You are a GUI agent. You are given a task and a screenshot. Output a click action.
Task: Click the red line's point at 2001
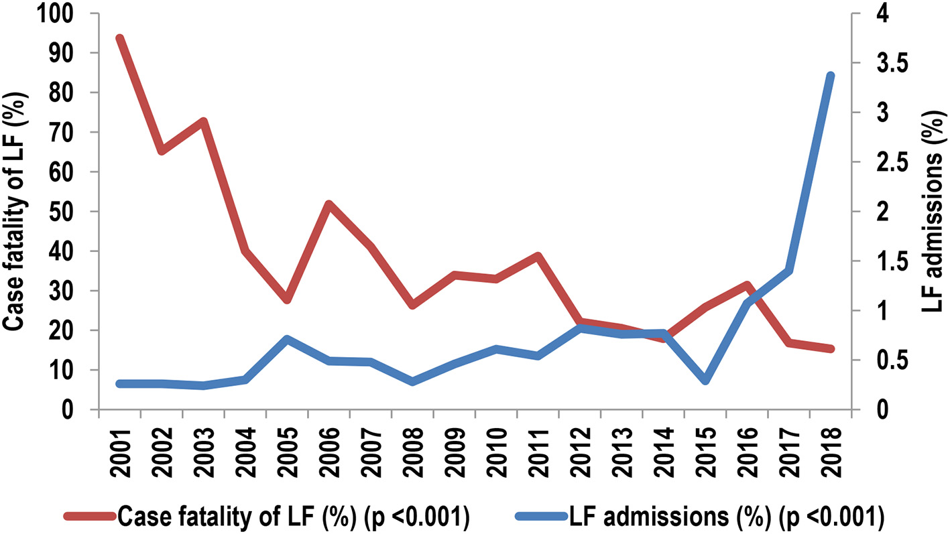[119, 39]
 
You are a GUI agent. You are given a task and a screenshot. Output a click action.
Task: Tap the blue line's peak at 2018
[830, 76]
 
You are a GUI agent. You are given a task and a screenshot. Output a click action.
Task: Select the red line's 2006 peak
[329, 204]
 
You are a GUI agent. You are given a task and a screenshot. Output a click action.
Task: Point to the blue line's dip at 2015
[705, 381]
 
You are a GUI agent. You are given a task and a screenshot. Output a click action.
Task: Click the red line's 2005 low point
[287, 299]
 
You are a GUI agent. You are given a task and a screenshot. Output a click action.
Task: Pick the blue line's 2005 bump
[287, 340]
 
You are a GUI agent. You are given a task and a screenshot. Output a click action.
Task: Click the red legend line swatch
[90, 516]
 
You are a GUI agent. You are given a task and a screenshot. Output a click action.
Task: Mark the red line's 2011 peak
[537, 256]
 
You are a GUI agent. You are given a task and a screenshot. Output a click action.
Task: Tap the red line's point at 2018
[830, 348]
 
